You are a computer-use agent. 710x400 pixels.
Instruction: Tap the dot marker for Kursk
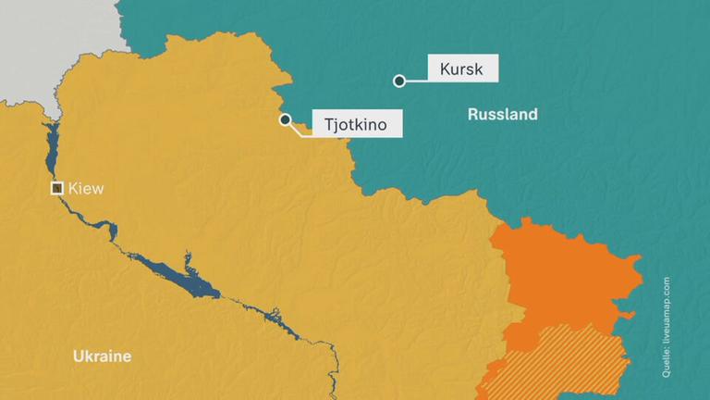399,81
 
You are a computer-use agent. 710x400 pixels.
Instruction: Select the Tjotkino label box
356,124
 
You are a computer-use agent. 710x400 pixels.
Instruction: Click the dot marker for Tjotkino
286,119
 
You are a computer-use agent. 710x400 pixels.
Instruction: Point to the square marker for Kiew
56,188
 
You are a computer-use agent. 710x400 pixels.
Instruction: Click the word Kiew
86,189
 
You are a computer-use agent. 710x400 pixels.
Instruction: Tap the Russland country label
502,115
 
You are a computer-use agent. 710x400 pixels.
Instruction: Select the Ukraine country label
102,356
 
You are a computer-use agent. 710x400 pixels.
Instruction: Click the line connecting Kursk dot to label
416,81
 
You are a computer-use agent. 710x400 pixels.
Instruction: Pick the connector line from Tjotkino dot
300,131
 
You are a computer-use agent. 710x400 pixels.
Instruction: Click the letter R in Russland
473,115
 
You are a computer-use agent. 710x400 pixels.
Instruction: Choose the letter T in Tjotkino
328,124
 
